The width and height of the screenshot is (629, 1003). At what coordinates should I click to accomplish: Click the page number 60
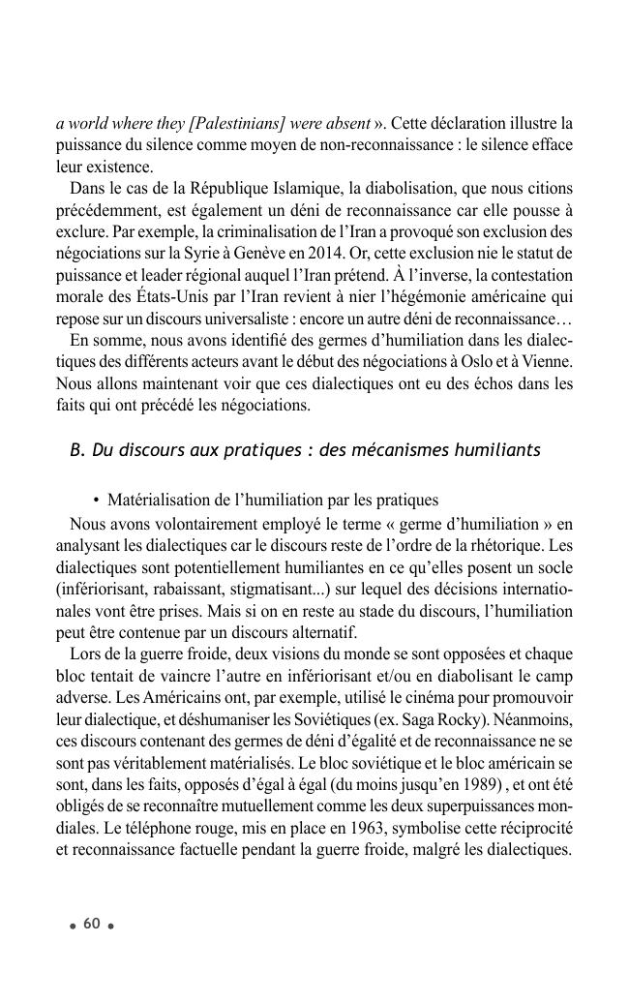(x=92, y=924)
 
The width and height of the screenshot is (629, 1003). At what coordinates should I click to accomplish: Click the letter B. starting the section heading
(x=77, y=450)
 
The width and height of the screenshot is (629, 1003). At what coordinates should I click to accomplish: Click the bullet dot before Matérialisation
(x=97, y=501)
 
